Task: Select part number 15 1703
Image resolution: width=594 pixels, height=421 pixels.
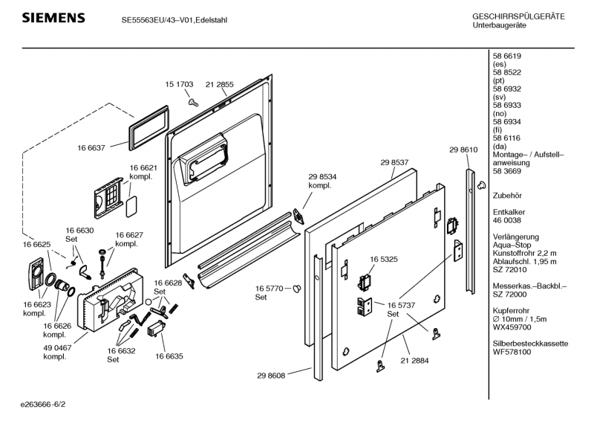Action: tap(179, 85)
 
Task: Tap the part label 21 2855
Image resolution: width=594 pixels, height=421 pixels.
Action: tap(219, 85)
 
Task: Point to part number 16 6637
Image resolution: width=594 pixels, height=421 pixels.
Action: tap(92, 149)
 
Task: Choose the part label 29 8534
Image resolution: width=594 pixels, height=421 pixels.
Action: tap(323, 176)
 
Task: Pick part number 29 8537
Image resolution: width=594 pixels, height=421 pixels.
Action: tap(395, 162)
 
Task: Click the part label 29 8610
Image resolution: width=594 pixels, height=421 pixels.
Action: tap(463, 150)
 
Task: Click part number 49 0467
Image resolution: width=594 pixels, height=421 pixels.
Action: tap(56, 347)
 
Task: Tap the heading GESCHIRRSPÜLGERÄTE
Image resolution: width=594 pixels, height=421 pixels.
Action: tap(518, 16)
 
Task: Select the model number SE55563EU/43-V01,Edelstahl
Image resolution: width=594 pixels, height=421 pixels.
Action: tap(174, 20)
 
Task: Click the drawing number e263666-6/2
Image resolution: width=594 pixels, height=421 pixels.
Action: tap(48, 405)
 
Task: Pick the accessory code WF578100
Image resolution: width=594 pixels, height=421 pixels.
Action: tap(512, 352)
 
